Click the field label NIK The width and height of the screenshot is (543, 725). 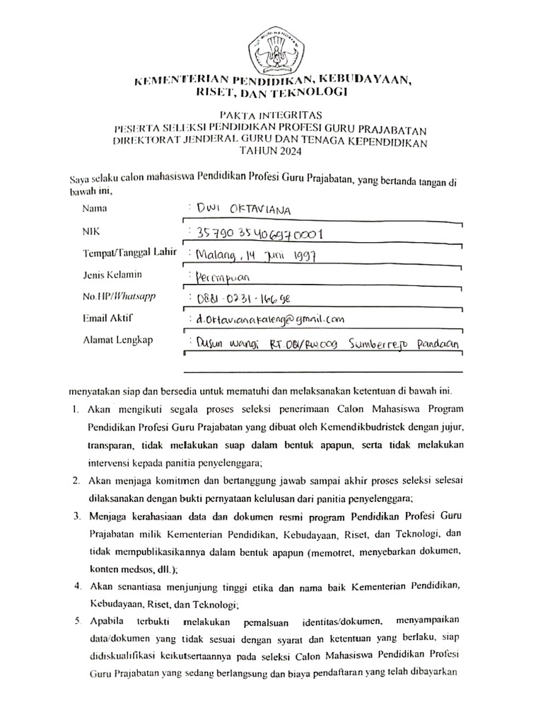[x=91, y=232]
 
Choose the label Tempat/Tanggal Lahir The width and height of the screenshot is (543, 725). [x=127, y=253]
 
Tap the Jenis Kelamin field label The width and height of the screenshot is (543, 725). [x=111, y=275]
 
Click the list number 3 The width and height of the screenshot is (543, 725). [x=75, y=514]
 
